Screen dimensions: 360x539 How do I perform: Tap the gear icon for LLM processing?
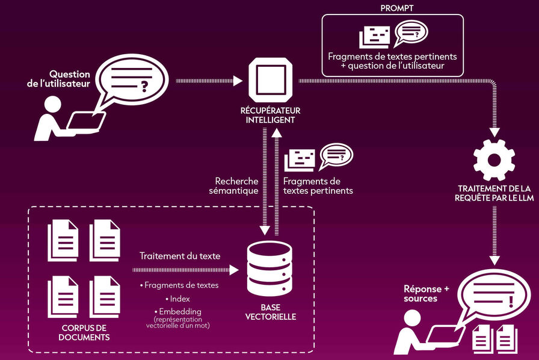click(494, 160)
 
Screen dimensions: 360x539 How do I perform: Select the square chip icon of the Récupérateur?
click(270, 80)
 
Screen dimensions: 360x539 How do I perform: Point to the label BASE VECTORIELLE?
click(270, 312)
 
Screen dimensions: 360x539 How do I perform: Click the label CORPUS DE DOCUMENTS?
click(84, 332)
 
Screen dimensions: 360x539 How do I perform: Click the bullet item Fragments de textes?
click(180, 285)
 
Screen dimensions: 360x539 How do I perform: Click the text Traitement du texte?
click(180, 256)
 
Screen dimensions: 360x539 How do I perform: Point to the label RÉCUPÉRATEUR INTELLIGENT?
click(270, 115)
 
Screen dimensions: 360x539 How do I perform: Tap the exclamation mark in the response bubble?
click(510, 299)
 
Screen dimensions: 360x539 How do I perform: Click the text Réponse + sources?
click(427, 293)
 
